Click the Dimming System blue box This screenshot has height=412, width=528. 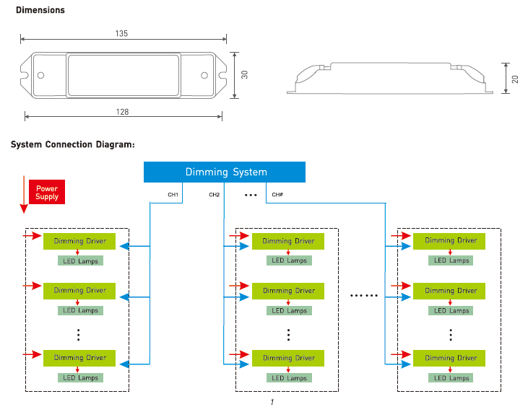tap(225, 172)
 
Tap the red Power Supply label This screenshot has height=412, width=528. tap(47, 192)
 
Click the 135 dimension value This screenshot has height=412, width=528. tap(121, 33)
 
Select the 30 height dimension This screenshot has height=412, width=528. tap(245, 74)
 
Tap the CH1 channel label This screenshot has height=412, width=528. tap(173, 195)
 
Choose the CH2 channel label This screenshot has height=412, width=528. tap(215, 195)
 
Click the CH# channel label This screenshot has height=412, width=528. tap(277, 195)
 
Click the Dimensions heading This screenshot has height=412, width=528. tap(40, 10)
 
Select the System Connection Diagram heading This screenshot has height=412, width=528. tap(73, 144)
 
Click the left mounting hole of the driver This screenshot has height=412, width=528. tap(40, 75)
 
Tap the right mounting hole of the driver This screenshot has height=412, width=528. tap(204, 75)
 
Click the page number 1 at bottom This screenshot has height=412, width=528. tap(272, 402)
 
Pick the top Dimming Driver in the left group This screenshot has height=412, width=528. tap(79, 240)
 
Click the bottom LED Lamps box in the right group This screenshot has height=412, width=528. tap(451, 377)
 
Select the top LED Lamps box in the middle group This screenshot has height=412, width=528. tap(288, 260)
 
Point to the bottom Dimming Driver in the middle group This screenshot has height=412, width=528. tap(288, 358)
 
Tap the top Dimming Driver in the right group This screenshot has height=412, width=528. tap(451, 240)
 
